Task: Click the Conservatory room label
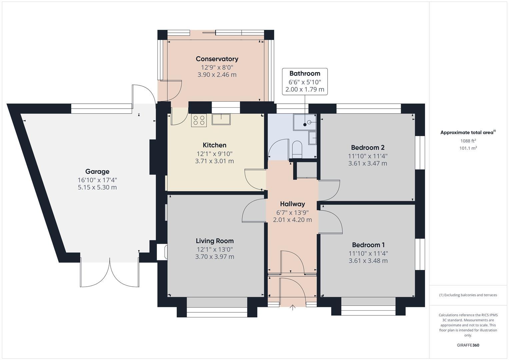pos(217,59)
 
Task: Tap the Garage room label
pos(97,172)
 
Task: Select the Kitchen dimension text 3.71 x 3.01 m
pos(214,161)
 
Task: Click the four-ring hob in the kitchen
pos(199,120)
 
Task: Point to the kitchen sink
pos(221,119)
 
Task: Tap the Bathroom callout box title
pos(305,74)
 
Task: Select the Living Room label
pos(215,241)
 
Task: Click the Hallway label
pos(292,204)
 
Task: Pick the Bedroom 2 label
pos(368,148)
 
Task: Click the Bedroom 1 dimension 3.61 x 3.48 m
pos(368,261)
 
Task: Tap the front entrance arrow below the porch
pos(293,307)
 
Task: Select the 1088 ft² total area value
pos(468,141)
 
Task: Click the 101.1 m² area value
pos(468,148)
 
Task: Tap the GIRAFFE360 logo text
pos(468,345)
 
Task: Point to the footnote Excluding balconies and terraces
pos(468,295)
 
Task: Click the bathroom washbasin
pos(312,138)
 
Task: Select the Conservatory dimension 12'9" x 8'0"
pos(217,67)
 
